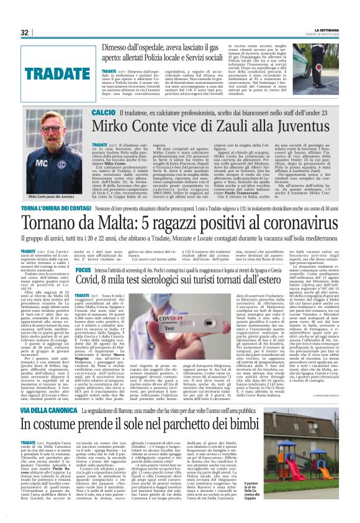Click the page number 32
pos(25,32)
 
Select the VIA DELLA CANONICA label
pos(59,411)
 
